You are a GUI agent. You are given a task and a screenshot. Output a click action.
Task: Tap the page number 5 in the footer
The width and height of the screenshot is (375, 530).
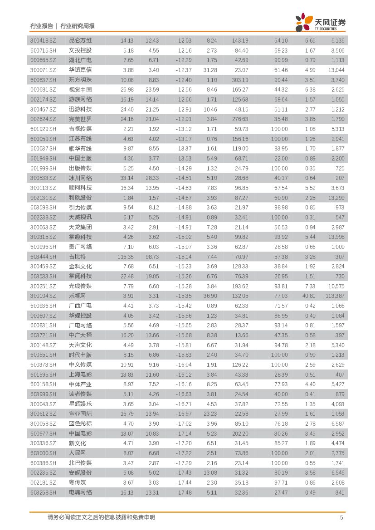(x=341, y=517)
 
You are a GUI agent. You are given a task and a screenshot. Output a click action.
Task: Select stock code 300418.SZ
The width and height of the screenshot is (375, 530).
(x=43, y=40)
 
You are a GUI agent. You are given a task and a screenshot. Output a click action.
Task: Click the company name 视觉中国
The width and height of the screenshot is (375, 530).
(x=80, y=90)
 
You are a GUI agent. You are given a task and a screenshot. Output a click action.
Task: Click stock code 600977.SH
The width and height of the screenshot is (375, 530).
(x=43, y=433)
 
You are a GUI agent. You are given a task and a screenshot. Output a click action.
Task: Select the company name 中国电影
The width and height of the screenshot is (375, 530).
(x=80, y=433)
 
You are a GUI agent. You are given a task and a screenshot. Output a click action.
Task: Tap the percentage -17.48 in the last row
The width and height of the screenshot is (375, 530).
(x=183, y=492)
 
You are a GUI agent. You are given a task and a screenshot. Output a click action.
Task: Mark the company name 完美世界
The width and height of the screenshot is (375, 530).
(x=80, y=119)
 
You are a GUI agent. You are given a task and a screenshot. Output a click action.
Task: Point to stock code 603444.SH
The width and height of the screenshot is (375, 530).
(x=43, y=257)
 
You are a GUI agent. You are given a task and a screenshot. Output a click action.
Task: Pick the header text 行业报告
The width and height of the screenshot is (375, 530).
(x=41, y=26)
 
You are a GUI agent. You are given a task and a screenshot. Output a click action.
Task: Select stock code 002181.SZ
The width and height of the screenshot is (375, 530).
(x=43, y=482)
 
